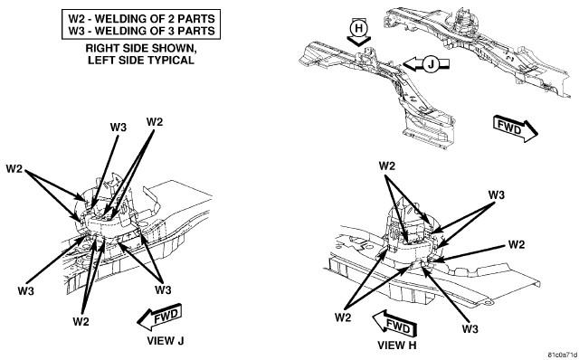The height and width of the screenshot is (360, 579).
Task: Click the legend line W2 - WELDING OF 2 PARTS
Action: [x=141, y=18]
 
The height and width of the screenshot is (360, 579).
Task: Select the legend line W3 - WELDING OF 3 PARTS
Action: [x=141, y=31]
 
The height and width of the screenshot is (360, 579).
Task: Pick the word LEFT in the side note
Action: [x=100, y=61]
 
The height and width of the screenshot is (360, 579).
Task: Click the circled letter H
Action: [x=358, y=28]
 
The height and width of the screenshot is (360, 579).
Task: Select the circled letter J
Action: [x=431, y=64]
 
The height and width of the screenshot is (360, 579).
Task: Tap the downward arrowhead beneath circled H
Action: [x=358, y=42]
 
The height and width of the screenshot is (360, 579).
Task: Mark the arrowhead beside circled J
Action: [x=410, y=64]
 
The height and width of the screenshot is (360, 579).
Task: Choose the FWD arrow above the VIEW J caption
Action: [x=159, y=317]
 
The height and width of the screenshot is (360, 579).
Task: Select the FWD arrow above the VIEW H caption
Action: [x=394, y=324]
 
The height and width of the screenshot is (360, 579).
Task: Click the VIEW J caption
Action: [x=165, y=340]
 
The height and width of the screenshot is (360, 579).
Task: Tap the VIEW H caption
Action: [x=396, y=346]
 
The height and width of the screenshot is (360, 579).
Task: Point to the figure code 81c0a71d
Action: [x=563, y=355]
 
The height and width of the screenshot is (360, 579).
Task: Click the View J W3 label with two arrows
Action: [x=163, y=289]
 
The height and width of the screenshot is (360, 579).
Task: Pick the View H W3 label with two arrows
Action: [x=497, y=195]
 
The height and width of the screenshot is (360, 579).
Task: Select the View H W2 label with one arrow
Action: [x=517, y=244]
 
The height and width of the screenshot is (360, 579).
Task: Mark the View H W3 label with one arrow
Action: [x=470, y=329]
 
